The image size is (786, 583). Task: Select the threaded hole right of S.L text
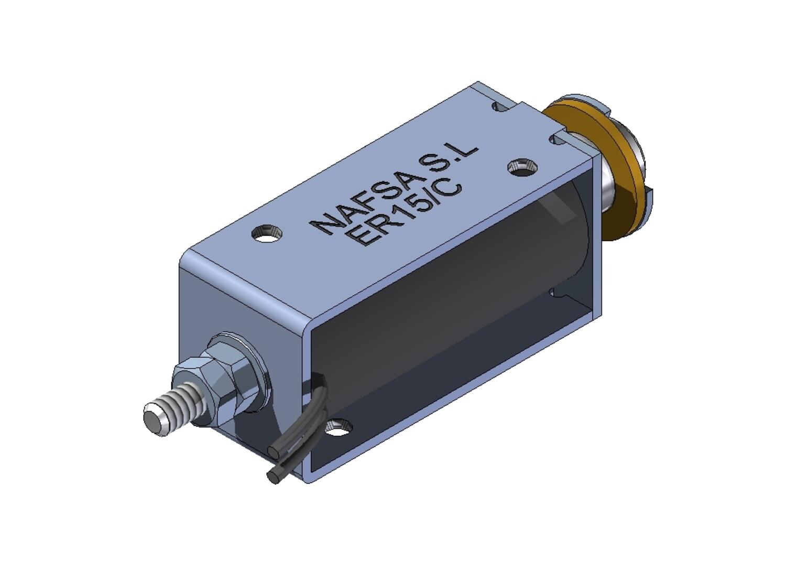pyautogui.click(x=521, y=167)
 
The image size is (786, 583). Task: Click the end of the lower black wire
pyautogui.click(x=272, y=477)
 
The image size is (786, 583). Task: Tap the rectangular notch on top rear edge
pyautogui.click(x=500, y=107)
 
